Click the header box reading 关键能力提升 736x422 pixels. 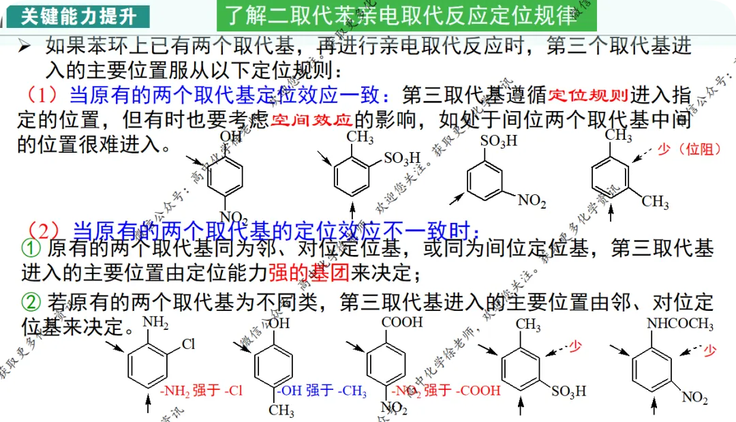pos(78,15)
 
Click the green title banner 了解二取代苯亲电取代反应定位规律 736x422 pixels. pos(401,15)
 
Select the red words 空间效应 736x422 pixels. pos(312,121)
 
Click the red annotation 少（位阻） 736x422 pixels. pos(689,149)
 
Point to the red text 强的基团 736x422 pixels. pos(309,273)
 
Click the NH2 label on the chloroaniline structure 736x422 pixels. pos(155,323)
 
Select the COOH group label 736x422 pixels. pos(402,322)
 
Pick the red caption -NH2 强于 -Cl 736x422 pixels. pos(202,391)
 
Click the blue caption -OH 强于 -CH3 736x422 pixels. pos(322,391)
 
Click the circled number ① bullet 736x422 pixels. pos(32,247)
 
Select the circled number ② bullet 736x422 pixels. pos(32,301)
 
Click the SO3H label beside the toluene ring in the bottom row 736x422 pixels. pos(569,392)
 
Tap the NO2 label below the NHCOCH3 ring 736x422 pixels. pos(696,397)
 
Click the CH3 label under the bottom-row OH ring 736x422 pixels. pos(281,411)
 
